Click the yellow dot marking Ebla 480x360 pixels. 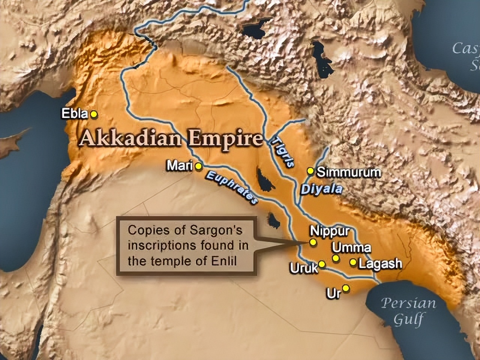point(94,114)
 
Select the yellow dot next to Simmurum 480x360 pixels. point(310,171)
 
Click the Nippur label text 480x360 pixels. point(330,231)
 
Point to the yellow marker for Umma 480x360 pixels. point(336,258)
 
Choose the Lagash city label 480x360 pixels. point(380,263)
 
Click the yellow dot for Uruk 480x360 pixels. point(321,264)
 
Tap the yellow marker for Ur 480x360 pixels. point(346,288)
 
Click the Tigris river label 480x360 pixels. point(282,153)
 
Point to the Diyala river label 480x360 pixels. point(321,189)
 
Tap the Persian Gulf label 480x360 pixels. point(409,311)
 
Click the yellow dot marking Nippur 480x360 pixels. point(313,242)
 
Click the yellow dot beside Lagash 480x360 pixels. point(353,262)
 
